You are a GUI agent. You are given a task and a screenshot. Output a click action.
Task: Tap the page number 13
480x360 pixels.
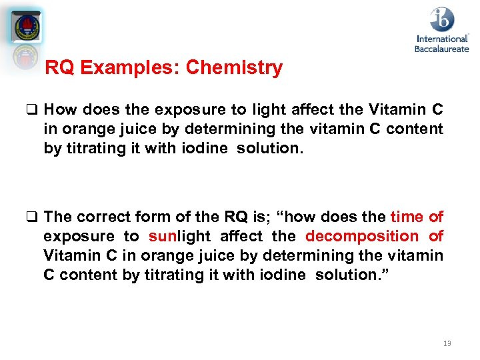click(447, 343)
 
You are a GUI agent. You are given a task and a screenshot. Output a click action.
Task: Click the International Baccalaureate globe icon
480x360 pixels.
click(442, 19)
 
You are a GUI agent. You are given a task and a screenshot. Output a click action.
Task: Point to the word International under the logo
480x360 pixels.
click(442, 39)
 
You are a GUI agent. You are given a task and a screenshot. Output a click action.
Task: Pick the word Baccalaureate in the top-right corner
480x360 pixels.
click(442, 48)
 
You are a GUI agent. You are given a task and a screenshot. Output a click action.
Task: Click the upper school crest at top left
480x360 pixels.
click(27, 27)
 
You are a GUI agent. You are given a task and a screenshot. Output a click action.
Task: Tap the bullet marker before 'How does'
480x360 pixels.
click(33, 109)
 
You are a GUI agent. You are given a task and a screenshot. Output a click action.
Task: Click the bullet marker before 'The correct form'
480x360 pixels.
click(33, 217)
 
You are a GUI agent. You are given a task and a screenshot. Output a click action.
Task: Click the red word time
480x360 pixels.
click(406, 217)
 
